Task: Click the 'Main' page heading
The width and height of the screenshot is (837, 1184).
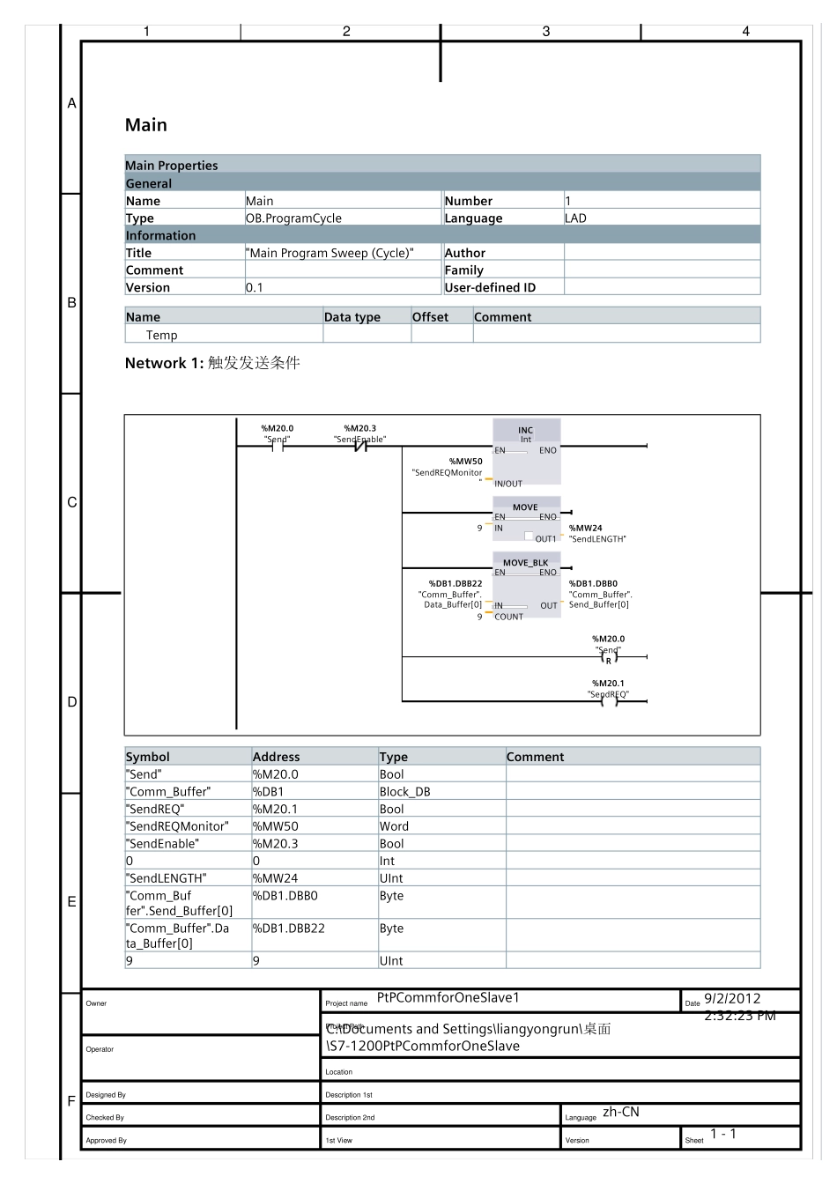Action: point(145,125)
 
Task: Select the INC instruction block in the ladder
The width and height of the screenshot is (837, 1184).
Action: point(526,451)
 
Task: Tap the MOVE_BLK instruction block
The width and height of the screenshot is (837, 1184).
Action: point(526,588)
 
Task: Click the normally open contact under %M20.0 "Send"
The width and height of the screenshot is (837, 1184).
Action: point(278,447)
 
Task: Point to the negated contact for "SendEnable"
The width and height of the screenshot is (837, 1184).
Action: point(359,447)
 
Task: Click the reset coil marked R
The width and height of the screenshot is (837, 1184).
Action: point(608,657)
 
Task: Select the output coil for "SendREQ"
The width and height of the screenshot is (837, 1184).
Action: point(608,701)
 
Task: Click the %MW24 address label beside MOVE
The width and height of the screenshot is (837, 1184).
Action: point(585,529)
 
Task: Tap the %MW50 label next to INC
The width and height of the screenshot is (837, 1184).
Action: point(465,461)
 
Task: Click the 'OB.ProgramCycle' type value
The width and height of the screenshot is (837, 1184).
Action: point(293,218)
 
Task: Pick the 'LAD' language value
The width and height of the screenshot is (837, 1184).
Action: point(575,218)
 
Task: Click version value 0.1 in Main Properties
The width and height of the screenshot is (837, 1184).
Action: point(254,288)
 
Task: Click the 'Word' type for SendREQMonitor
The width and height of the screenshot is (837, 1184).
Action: point(394,826)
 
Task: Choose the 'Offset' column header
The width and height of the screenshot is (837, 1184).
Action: point(430,317)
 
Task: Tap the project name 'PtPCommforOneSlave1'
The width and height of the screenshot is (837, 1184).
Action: point(448,998)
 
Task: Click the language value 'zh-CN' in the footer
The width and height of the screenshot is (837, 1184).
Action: point(620,1113)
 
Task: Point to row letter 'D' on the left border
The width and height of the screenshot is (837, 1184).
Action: point(72,702)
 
